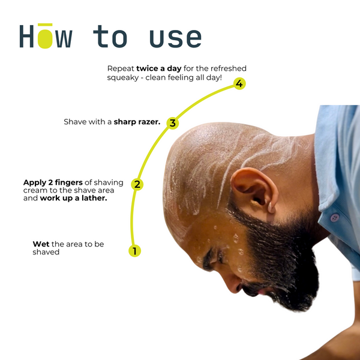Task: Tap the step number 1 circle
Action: coord(134,251)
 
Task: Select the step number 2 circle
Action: coord(137,184)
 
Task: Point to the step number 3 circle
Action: coord(173,123)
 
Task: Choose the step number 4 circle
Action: coord(239,83)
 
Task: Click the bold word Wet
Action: coord(41,244)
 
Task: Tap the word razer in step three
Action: coord(148,122)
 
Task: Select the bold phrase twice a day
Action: coord(158,68)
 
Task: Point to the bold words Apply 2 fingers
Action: coord(53,182)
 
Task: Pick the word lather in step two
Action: coord(94,198)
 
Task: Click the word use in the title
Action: coord(176,38)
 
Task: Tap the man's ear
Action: coord(254,191)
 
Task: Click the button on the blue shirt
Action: coord(335,217)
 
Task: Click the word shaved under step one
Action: coord(46,252)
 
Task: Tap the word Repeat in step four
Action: coord(121,68)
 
